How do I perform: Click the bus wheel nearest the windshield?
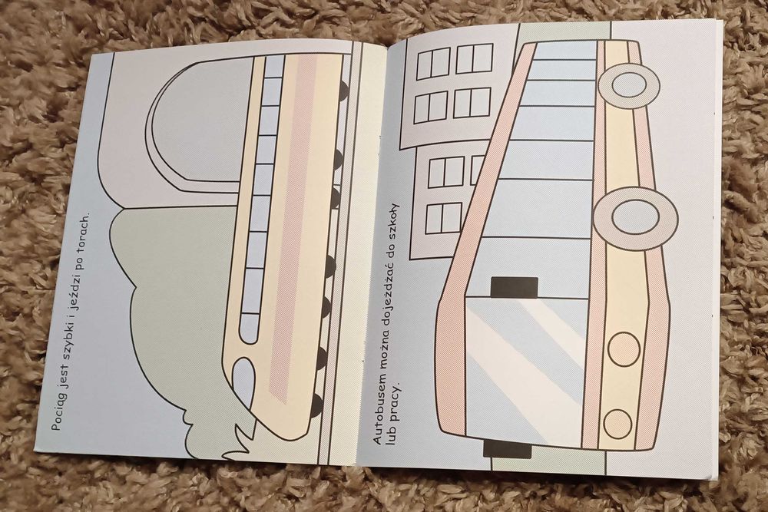pos(637,214)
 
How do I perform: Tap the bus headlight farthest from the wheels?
pos(617,424)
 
